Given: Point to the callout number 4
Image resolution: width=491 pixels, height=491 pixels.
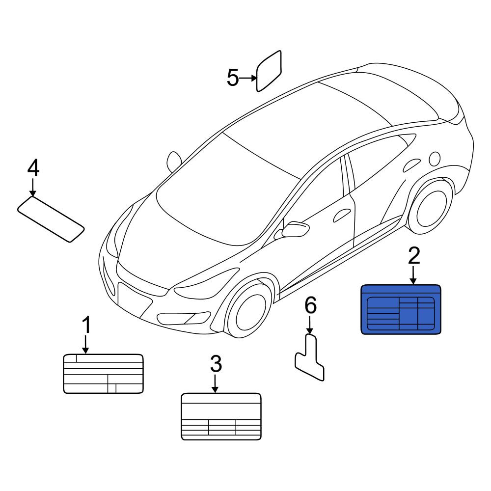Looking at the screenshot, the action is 33,168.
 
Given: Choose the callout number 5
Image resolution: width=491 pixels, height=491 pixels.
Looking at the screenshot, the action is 233,78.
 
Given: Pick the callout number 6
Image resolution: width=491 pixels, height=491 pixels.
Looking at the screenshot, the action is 311,305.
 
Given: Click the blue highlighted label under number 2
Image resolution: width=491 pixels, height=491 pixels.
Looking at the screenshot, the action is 401,309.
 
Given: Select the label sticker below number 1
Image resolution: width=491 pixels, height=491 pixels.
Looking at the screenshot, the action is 103,374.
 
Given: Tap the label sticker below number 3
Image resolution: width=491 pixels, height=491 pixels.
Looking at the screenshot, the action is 221,416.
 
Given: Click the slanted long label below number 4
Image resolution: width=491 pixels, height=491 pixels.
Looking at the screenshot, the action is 51,219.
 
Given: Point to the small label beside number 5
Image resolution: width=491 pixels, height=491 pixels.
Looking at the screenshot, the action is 269,71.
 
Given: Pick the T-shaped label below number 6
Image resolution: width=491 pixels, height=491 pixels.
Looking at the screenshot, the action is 310,357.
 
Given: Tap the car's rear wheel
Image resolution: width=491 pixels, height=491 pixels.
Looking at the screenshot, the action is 431,206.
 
